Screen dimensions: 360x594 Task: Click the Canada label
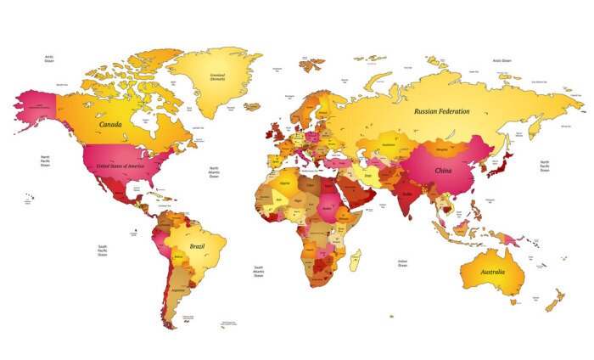(x=110, y=124)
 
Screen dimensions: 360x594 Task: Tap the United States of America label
(x=118, y=166)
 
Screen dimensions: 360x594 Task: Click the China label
(x=443, y=171)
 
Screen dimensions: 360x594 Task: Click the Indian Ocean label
(x=403, y=263)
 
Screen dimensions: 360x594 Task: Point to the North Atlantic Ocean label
(x=214, y=172)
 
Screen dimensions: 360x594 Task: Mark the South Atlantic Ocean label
(x=258, y=272)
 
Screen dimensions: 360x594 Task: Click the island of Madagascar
(x=355, y=260)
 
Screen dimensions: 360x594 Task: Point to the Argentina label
(x=177, y=290)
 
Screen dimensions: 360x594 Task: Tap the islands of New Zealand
(x=555, y=299)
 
